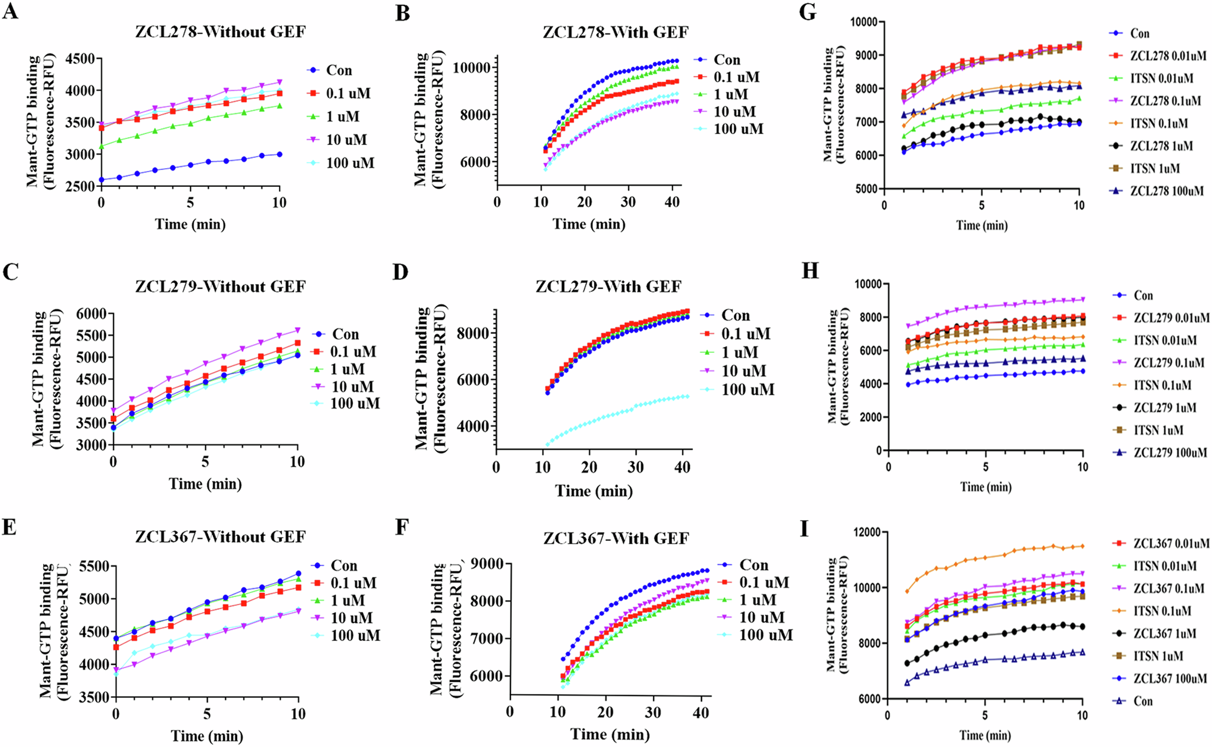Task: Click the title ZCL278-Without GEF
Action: (x=220, y=32)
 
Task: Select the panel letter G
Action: (x=808, y=12)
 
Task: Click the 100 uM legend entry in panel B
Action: (x=738, y=129)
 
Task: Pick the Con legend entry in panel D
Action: (x=735, y=316)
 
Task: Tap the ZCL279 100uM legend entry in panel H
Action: (x=1170, y=453)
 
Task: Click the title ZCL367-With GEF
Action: (x=616, y=538)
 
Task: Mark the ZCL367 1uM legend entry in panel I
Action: (x=1165, y=634)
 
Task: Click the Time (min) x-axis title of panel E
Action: (x=207, y=736)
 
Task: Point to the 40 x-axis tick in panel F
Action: (x=701, y=712)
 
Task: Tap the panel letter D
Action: (x=401, y=272)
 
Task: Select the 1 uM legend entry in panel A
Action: (x=343, y=117)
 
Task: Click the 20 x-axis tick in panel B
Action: (x=584, y=202)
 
